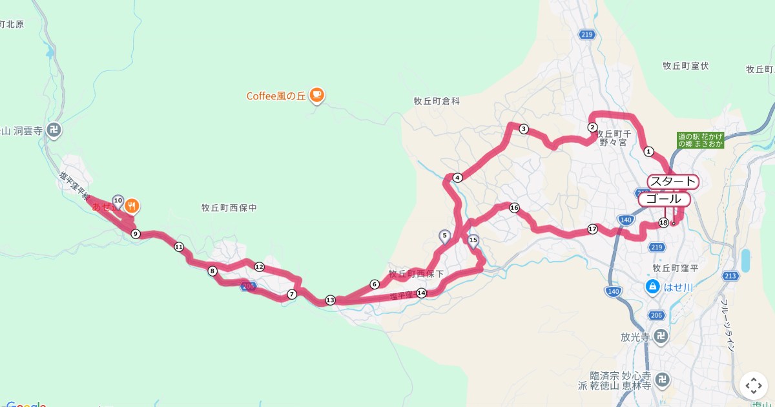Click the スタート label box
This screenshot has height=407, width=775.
click(673, 182)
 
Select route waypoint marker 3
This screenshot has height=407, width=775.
click(524, 129)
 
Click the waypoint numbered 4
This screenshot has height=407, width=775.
click(457, 178)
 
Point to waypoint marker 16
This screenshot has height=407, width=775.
click(514, 208)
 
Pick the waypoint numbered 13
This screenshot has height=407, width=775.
click(331, 300)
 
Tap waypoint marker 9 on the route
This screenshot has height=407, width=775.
click(135, 234)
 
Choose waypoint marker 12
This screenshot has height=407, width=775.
click(259, 267)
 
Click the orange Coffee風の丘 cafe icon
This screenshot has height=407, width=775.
click(316, 96)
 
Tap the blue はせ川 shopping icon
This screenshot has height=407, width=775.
click(652, 286)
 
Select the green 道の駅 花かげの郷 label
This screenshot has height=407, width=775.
click(701, 140)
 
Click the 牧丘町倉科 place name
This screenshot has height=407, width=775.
click(437, 101)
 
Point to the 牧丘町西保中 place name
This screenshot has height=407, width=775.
click(229, 208)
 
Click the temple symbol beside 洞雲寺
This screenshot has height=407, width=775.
click(54, 129)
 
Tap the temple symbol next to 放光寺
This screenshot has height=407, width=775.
click(659, 336)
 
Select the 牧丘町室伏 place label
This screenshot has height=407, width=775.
click(686, 66)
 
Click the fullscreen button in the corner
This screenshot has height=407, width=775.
click(754, 386)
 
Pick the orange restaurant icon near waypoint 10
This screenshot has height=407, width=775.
click(132, 206)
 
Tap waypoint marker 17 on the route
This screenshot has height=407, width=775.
click(592, 229)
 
